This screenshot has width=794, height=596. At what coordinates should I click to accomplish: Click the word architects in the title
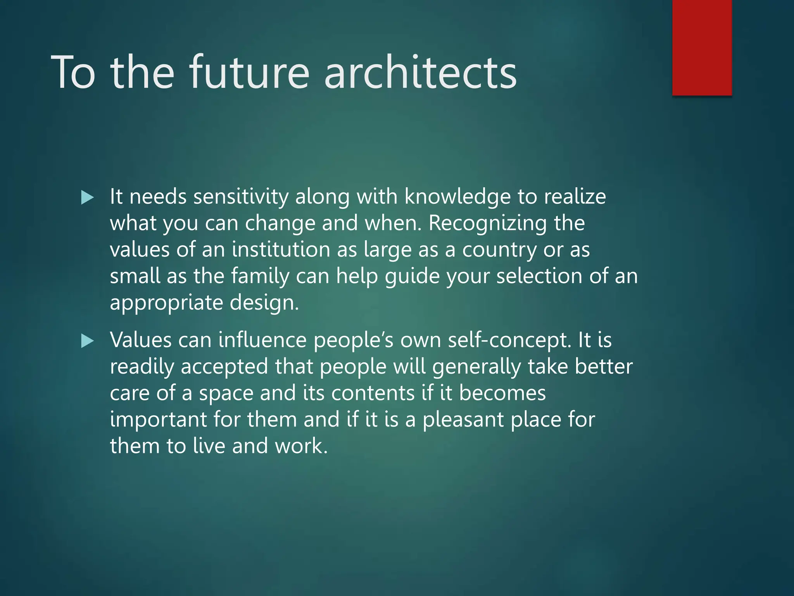tap(420, 73)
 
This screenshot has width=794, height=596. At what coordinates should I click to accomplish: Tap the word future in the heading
tap(249, 73)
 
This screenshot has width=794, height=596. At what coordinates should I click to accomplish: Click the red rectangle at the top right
tap(702, 47)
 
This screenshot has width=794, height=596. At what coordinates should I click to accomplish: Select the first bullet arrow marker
tap(88, 198)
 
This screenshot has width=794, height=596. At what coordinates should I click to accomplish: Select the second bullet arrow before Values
tap(88, 341)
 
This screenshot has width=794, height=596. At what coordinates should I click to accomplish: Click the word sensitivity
tap(241, 197)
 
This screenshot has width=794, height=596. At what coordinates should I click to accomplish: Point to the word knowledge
tap(457, 197)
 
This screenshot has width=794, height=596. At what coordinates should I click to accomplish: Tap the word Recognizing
tap(487, 223)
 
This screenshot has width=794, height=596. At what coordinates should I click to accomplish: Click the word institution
tap(281, 249)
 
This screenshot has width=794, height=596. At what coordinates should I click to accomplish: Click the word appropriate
tap(166, 303)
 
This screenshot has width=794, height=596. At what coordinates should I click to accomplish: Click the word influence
tap(262, 340)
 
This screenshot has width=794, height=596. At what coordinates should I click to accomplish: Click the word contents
tap(373, 393)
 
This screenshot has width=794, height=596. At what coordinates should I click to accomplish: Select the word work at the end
tap(300, 446)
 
